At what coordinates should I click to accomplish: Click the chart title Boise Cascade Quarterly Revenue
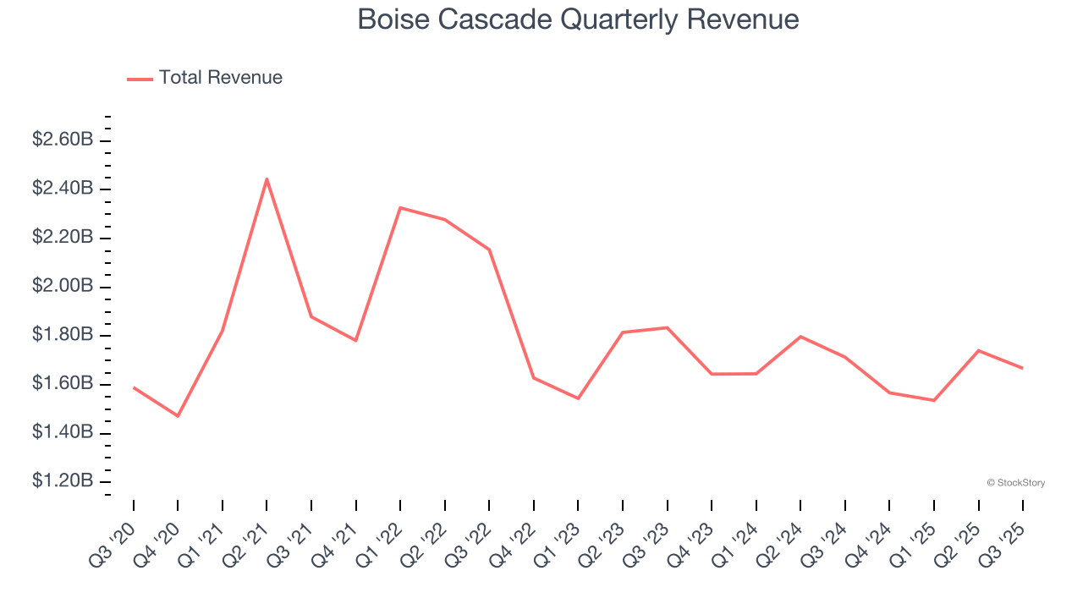[578, 19]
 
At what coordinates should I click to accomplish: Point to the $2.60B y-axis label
[63, 140]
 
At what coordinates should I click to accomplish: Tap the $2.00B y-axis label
[63, 287]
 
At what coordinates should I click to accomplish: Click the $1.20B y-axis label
[63, 481]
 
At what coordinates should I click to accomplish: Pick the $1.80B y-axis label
[63, 335]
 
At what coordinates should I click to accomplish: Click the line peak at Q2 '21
[267, 179]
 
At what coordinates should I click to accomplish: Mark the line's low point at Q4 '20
[178, 416]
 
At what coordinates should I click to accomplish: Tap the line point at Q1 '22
[400, 207]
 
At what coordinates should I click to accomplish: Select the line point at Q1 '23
[578, 398]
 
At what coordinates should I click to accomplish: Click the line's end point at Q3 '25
[1022, 368]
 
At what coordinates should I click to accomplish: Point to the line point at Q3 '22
[489, 250]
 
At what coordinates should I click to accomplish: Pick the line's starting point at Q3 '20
[134, 387]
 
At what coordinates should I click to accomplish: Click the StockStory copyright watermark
[1015, 483]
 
